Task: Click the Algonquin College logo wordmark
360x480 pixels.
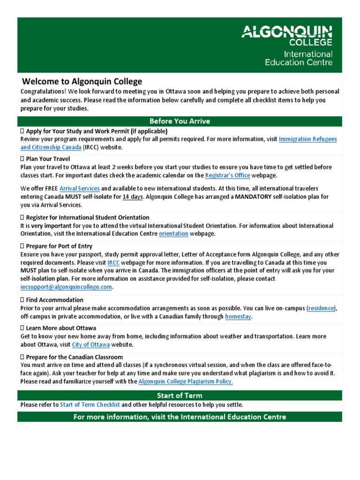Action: coord(287,36)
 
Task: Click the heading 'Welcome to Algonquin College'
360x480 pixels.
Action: coord(82,82)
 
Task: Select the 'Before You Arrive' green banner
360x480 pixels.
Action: coord(180,121)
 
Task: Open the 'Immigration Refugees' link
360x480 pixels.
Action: coord(307,139)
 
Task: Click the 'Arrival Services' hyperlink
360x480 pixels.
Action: coord(79,188)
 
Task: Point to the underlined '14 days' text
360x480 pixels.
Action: coord(133,197)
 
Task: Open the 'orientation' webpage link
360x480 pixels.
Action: coord(173,233)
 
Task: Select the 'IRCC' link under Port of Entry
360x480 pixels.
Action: coord(113,262)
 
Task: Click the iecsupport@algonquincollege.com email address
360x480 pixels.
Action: coord(67,287)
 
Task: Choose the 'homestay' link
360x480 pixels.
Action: coord(238,317)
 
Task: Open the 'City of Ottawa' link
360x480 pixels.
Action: coord(91,345)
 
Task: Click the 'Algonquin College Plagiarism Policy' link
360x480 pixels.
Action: coord(186,382)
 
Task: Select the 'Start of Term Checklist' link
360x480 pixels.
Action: coord(90,405)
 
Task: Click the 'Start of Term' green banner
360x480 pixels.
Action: coord(180,396)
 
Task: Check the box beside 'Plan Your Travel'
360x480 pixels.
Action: coord(22,159)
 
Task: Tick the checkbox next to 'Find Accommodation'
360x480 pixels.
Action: coord(22,300)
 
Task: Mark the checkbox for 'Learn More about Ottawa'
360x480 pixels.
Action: coord(22,328)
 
